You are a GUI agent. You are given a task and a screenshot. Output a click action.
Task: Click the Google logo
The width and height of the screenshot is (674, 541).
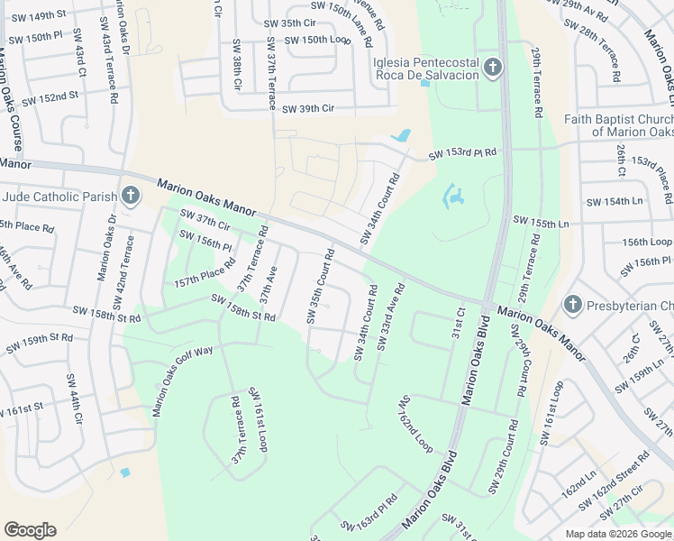point(30,530)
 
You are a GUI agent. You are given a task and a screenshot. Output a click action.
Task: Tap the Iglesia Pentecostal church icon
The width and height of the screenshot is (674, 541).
point(492,68)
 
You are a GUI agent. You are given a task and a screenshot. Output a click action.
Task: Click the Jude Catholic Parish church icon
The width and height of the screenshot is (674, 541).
point(131,196)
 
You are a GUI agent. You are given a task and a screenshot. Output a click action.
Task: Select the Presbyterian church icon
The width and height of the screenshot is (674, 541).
point(572,306)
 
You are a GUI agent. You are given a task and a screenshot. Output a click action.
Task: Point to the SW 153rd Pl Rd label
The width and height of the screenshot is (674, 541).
point(462,154)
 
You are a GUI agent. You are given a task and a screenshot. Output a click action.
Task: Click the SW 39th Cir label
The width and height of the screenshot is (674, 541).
point(308,108)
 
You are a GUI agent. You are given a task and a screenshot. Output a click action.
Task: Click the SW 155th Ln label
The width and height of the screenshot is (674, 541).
point(541,221)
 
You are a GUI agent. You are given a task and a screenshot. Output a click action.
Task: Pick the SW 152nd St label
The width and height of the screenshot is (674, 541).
point(50,96)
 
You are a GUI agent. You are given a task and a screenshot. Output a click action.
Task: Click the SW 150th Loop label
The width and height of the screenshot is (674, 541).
point(316,41)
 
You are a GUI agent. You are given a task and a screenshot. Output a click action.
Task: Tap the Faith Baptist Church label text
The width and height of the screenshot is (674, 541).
point(619,125)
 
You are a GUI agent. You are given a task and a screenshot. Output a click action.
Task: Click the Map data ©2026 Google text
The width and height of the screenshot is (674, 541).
point(617,534)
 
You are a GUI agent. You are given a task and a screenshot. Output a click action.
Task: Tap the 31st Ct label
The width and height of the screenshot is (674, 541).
point(458,322)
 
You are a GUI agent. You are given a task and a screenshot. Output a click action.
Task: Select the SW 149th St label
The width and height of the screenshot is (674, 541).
point(36,15)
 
